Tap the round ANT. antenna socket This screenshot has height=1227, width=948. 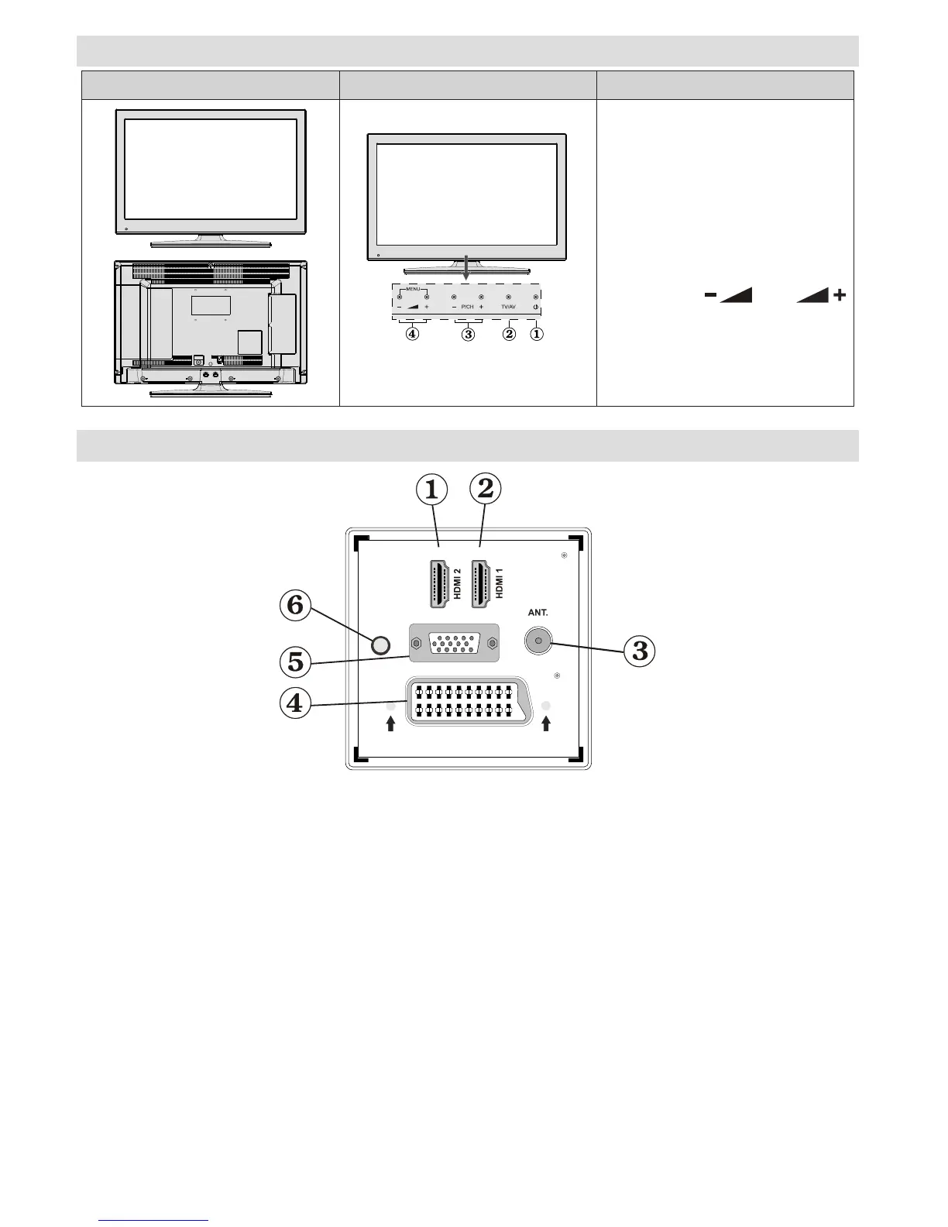point(538,641)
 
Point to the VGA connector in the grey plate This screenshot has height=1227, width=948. point(453,644)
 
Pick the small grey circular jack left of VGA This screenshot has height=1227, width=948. point(380,644)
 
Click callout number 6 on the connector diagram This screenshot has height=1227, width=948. point(296,605)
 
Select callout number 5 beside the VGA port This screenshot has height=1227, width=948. point(296,662)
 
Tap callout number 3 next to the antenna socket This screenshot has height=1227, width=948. point(640,651)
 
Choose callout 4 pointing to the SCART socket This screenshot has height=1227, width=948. point(296,704)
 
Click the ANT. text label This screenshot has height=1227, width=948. point(538,613)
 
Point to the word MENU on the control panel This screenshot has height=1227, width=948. point(413,289)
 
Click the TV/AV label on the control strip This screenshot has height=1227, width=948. point(508,308)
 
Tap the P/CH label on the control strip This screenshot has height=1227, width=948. point(467,308)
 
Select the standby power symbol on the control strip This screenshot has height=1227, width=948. point(535,308)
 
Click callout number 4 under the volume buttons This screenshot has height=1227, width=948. point(413,335)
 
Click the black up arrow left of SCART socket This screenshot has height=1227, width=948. point(390,723)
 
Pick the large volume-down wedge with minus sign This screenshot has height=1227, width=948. point(728,295)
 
